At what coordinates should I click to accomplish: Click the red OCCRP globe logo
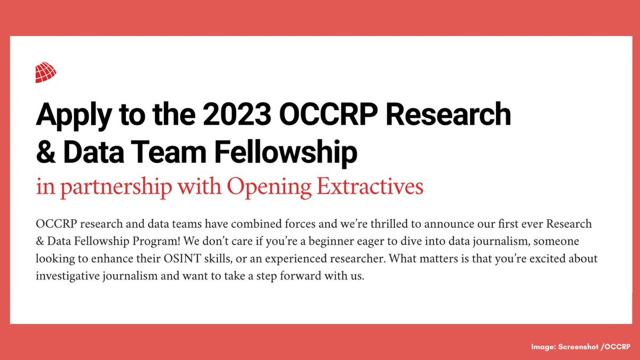[x=45, y=73]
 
